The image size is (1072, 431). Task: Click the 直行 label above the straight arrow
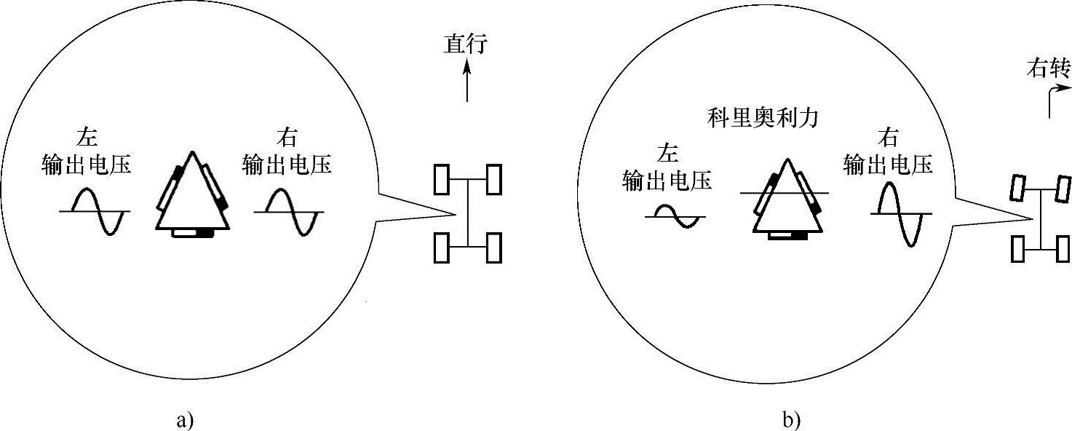[466, 44]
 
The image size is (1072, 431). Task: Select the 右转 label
[1049, 69]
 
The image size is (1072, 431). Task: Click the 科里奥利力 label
[763, 118]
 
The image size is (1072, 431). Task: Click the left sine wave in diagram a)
[95, 211]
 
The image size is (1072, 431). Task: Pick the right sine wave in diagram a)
[288, 212]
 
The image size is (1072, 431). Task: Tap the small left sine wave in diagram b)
[675, 216]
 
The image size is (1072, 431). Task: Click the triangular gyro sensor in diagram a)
[192, 195]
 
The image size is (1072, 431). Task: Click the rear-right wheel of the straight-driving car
[494, 248]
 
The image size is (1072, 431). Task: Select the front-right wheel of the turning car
[1063, 189]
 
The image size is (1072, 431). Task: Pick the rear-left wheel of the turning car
[1018, 249]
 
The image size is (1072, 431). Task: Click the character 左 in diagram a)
[87, 138]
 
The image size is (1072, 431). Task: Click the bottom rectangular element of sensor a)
[192, 233]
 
